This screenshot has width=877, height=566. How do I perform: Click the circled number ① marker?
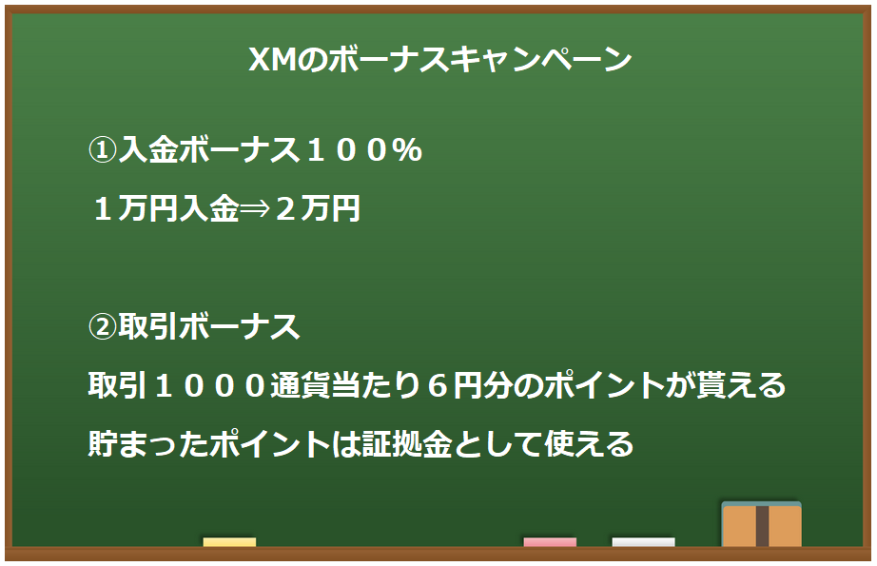[103, 150]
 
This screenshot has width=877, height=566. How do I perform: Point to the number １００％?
[361, 150]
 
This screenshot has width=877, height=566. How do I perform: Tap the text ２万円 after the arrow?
[317, 209]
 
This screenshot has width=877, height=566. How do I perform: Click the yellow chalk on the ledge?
[229, 542]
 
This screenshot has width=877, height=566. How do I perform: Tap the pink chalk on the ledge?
[550, 542]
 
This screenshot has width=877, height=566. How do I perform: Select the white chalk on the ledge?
[643, 542]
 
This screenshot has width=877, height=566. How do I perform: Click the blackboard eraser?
[761, 524]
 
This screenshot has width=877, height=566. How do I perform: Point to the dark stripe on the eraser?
[762, 526]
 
